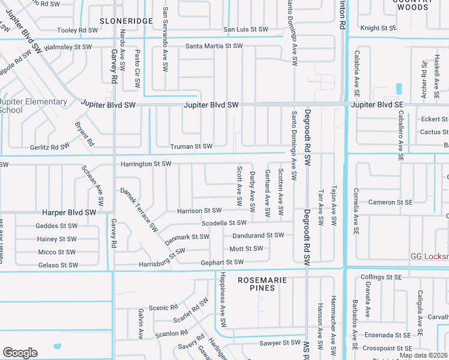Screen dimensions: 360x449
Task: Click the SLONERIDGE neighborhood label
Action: coord(127,20)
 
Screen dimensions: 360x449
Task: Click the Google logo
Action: coord(20,353)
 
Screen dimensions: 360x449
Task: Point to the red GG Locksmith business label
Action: coord(429,256)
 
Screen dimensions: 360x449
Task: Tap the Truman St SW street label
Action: coord(191,146)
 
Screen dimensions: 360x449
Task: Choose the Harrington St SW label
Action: coord(146,164)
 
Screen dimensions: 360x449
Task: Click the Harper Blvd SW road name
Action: coord(69,212)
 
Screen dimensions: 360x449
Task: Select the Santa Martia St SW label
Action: coord(214,46)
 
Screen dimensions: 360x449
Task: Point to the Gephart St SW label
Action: coord(222,262)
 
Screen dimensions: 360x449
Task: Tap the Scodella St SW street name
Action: coord(224,223)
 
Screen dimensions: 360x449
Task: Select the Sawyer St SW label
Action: coord(279,343)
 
